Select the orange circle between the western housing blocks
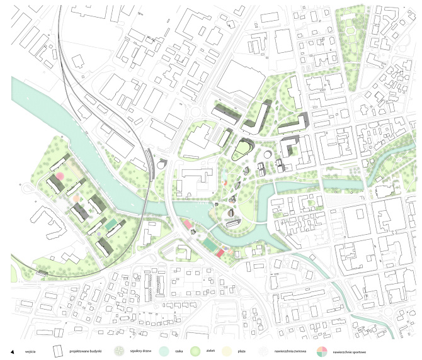[76, 198]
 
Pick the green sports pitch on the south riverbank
[209, 244]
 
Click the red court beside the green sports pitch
[220, 252]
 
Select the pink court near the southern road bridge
[188, 225]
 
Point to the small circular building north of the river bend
[268, 154]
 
